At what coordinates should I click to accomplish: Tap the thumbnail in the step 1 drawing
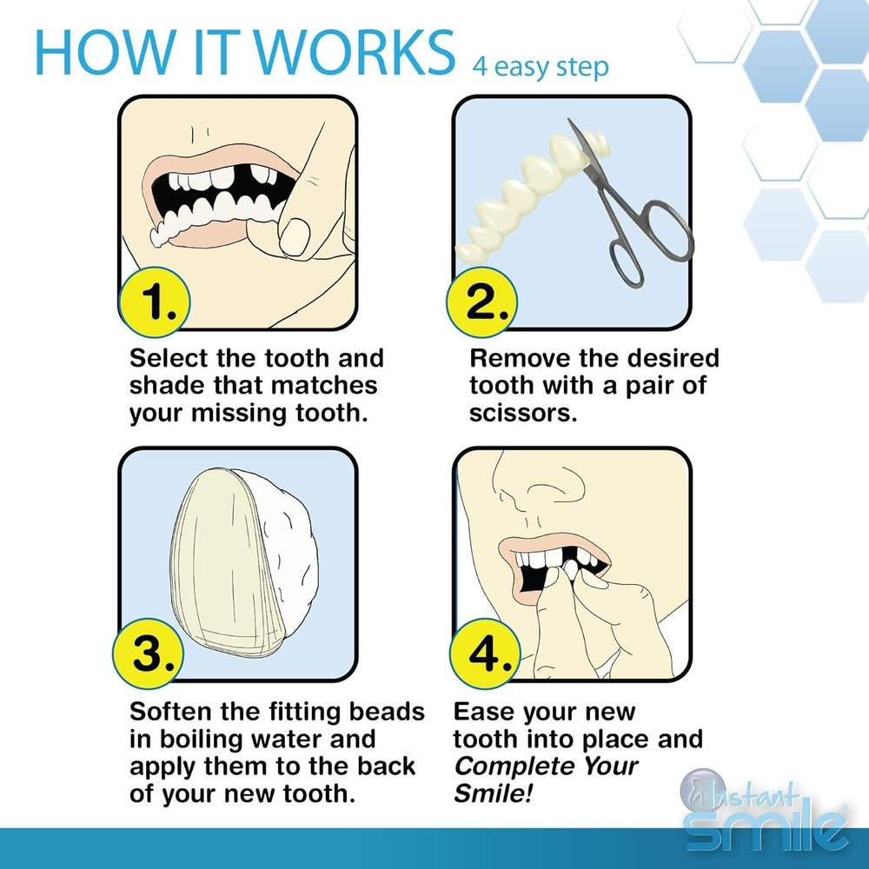[x=296, y=231]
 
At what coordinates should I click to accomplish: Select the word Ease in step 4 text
[x=483, y=713]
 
